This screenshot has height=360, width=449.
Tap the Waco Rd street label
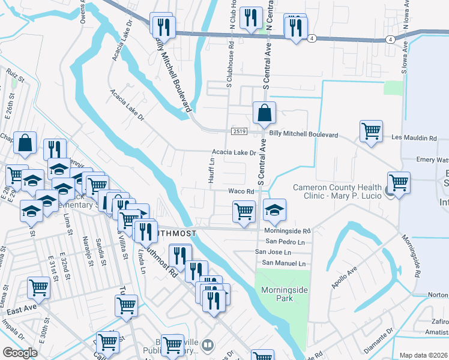pyautogui.click(x=242, y=191)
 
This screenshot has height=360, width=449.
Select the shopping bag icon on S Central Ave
pyautogui.click(x=264, y=112)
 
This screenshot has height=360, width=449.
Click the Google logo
pyautogui.click(x=20, y=353)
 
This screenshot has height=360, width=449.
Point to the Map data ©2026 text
pyautogui.click(x=424, y=355)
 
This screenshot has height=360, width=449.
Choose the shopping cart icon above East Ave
pyautogui.click(x=38, y=288)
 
